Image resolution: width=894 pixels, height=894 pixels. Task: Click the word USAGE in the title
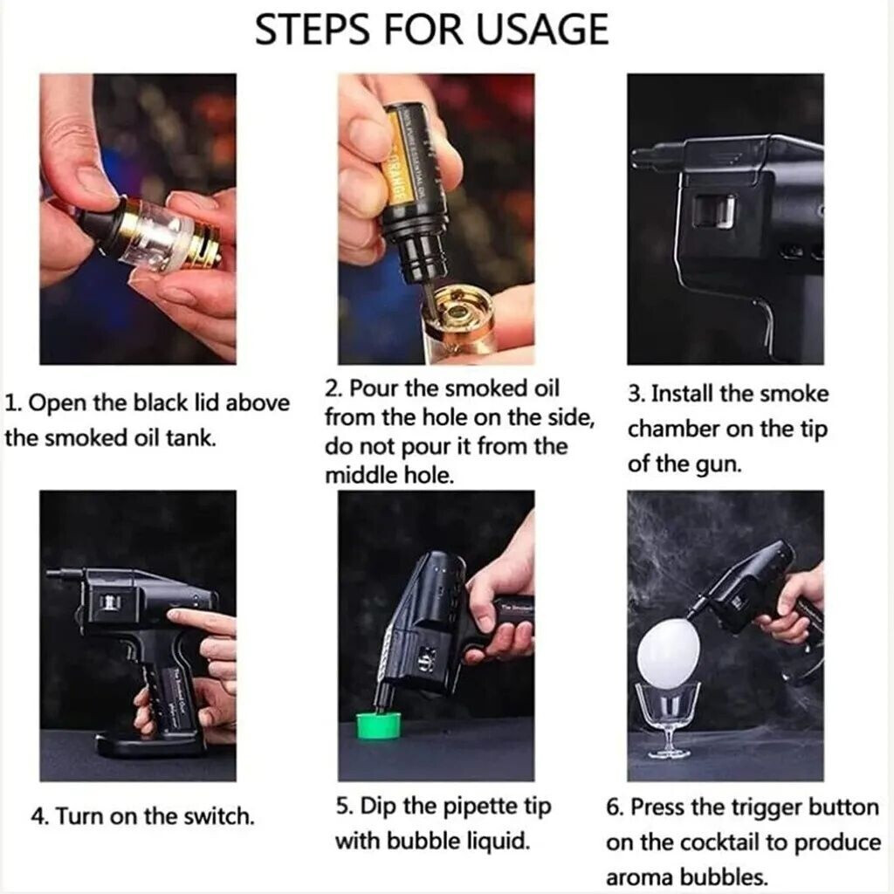coord(542,30)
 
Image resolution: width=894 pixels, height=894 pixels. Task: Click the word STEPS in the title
coord(312,30)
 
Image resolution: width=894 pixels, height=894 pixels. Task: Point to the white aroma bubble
coord(668,651)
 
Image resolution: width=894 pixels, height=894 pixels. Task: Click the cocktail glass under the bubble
coord(668,720)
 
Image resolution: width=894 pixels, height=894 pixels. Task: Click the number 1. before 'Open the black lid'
coord(13,403)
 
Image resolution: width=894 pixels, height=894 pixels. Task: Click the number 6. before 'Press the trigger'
coord(615,808)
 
